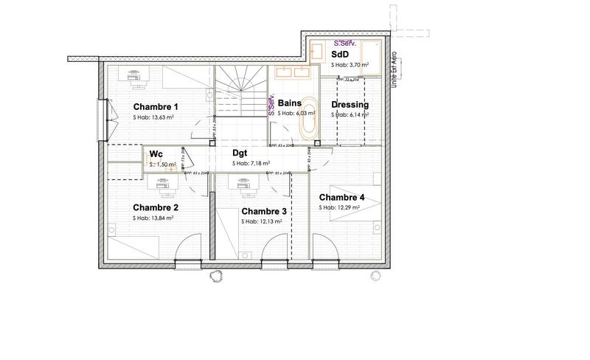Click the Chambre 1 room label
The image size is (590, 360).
coord(156,107)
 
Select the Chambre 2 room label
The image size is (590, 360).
coord(156,207)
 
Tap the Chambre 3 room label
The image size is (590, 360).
coord(263,211)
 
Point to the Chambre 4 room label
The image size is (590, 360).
coord(341,198)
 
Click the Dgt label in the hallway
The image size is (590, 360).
coord(239,153)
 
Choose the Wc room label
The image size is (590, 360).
coord(156,153)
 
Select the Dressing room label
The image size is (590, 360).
coord(350,105)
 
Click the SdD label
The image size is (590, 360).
coord(340,55)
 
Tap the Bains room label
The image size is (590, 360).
coord(290,103)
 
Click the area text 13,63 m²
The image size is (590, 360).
coord(153,118)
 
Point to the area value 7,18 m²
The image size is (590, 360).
coord(251,164)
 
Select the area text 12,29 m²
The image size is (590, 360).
coord(339,208)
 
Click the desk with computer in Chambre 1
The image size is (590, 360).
coord(134,75)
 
